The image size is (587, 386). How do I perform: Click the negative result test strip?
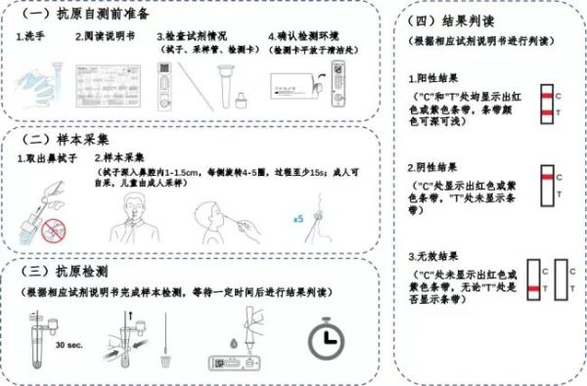(x=547, y=185)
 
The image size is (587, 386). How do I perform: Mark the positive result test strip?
(x=547, y=106)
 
